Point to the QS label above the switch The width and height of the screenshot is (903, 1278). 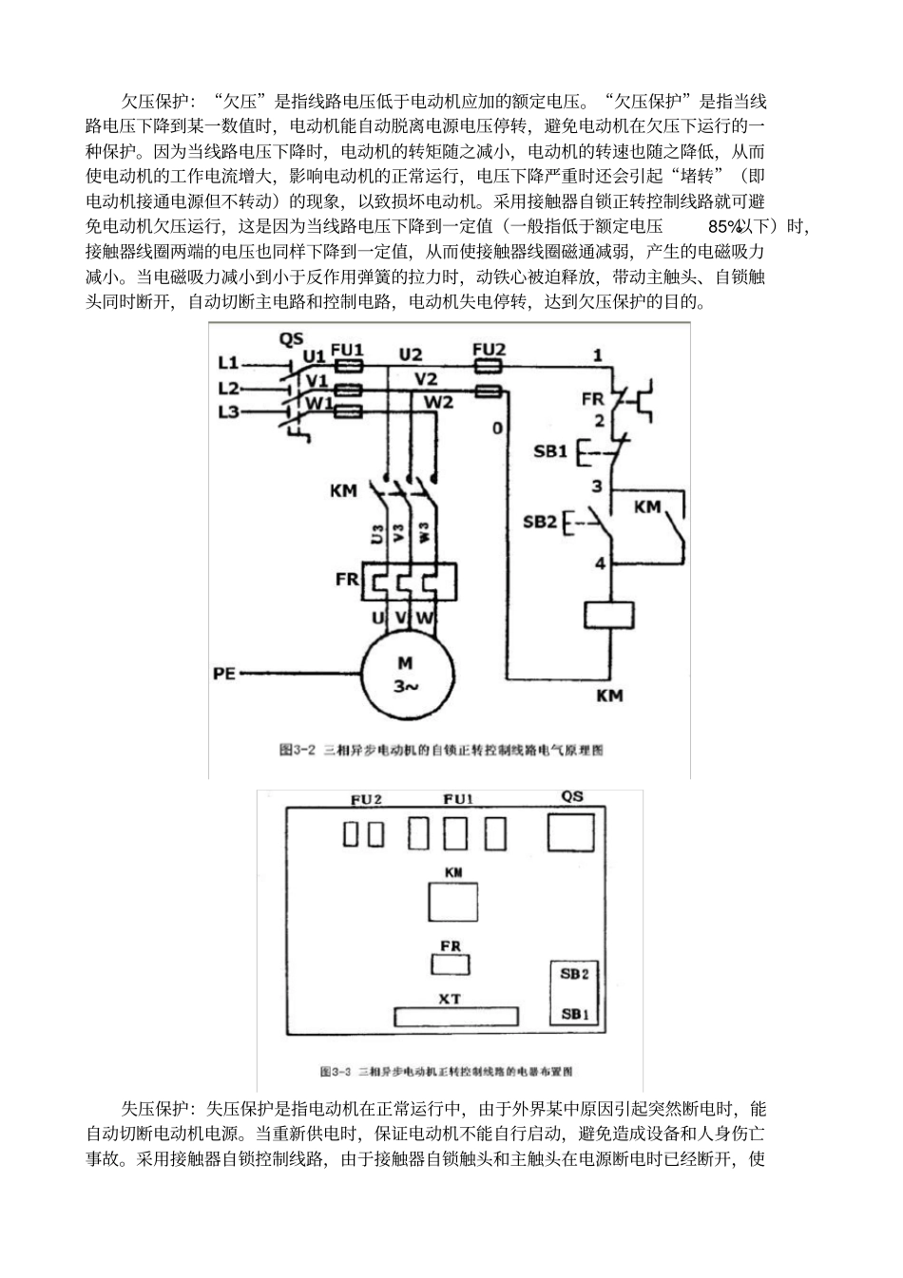(x=291, y=338)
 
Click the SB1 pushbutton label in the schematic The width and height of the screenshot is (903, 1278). (x=549, y=450)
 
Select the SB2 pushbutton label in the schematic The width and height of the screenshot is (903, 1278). (x=540, y=523)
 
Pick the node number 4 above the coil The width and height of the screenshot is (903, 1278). (x=599, y=563)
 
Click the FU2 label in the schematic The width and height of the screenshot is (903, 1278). (x=489, y=350)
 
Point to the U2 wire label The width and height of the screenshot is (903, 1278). (x=411, y=355)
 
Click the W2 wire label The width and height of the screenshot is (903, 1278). (x=439, y=403)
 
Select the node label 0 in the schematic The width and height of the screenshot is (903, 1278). (x=496, y=429)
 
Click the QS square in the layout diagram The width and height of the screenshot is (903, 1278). (x=572, y=835)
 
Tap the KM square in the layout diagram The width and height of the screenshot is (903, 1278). (x=453, y=901)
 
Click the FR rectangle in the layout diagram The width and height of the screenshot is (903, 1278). (x=451, y=965)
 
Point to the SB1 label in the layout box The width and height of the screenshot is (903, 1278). (x=574, y=1014)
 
